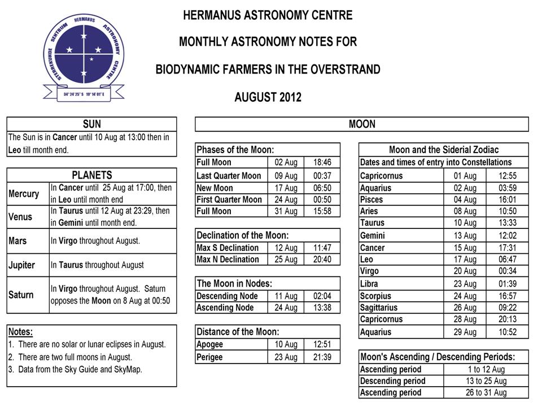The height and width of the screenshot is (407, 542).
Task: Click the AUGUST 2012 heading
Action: click(268, 97)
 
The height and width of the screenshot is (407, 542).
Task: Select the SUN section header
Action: click(91, 124)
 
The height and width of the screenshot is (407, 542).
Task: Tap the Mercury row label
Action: click(24, 194)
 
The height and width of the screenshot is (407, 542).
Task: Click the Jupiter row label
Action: click(22, 265)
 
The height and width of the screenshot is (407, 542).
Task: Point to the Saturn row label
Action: click(21, 295)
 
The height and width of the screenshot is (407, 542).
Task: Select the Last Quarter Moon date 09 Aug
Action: click(286, 176)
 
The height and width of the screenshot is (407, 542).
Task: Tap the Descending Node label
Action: click(227, 296)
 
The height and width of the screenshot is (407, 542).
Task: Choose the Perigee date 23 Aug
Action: click(286, 357)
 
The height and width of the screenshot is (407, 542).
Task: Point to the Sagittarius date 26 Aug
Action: click(465, 308)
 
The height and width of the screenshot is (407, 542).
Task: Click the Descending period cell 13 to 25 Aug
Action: click(486, 381)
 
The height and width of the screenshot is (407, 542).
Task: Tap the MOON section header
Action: click(361, 124)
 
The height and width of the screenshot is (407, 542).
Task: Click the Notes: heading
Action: click(20, 332)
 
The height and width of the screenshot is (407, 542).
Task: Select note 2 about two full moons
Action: click(70, 357)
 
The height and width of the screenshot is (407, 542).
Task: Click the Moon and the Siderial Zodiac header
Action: click(444, 150)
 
